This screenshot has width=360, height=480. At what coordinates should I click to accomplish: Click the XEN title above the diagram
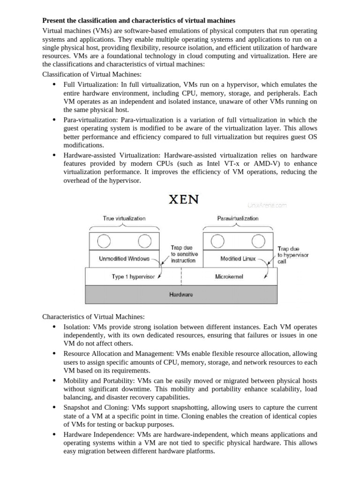[184, 199]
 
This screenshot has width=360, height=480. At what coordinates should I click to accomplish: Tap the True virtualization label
[124, 218]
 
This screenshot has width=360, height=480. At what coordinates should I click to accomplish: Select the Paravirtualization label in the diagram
[238, 218]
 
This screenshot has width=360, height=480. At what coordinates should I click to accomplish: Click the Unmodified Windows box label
[124, 258]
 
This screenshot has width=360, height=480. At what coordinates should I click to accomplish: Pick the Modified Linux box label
[238, 258]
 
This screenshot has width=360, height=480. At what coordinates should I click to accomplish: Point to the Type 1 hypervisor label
[133, 277]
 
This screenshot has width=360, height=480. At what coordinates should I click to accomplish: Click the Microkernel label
[229, 277]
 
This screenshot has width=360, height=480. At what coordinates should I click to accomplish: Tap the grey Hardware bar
[180, 295]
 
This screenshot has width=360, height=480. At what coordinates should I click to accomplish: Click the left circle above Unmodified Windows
[104, 241]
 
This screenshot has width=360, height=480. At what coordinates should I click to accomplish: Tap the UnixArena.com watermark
[267, 205]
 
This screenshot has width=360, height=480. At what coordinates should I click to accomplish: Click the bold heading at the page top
[139, 21]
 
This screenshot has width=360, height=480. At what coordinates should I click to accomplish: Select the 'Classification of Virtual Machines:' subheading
[92, 74]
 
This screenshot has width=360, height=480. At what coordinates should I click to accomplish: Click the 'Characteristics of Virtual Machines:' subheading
[94, 317]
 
